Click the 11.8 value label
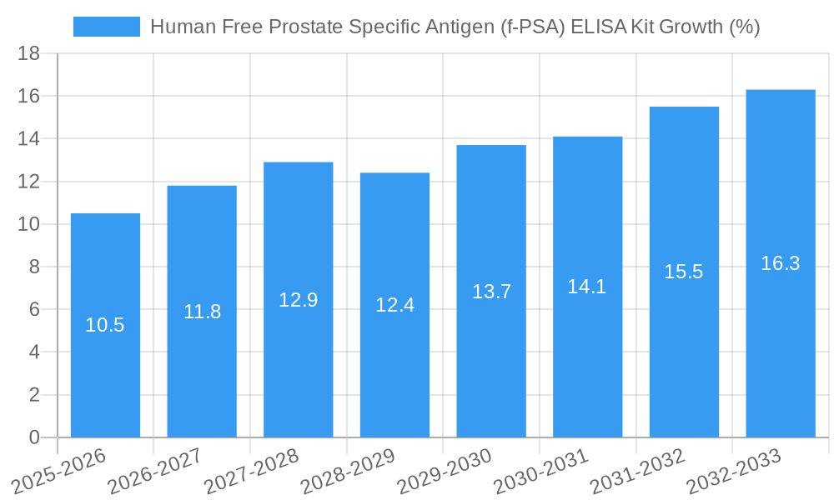click(x=202, y=312)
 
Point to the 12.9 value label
click(x=299, y=300)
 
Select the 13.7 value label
click(x=491, y=292)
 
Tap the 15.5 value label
click(x=684, y=272)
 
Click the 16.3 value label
click(x=781, y=263)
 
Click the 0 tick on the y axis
click(x=34, y=437)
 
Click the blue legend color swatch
click(x=107, y=27)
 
